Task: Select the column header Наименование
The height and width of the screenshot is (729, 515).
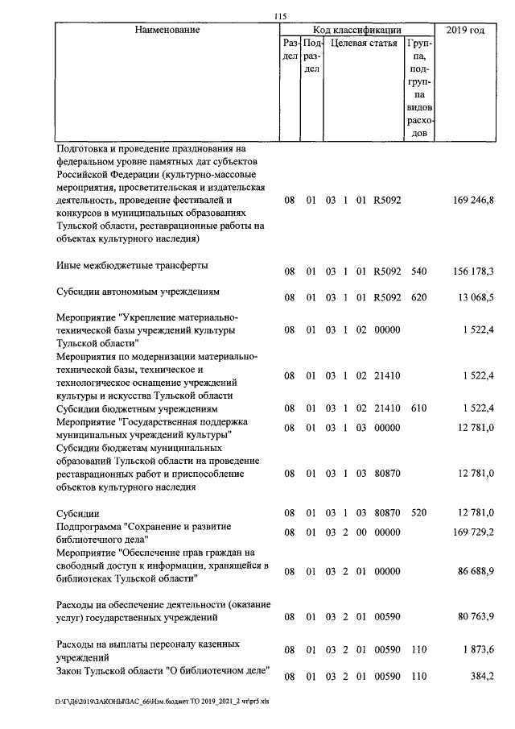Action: [167, 31]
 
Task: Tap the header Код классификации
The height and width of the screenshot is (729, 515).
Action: [357, 31]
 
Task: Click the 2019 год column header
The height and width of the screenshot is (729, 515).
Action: [468, 31]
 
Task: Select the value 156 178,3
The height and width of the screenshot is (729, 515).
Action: [472, 271]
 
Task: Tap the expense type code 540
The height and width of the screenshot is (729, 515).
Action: [418, 271]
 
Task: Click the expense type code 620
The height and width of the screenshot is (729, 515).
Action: [418, 297]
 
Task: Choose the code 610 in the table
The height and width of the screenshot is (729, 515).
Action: [418, 408]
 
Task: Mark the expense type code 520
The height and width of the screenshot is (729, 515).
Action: [418, 512]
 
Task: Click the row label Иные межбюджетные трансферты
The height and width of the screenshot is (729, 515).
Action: [129, 265]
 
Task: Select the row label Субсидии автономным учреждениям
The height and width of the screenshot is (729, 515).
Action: [137, 291]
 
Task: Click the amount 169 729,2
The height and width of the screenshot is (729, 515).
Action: [472, 532]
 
